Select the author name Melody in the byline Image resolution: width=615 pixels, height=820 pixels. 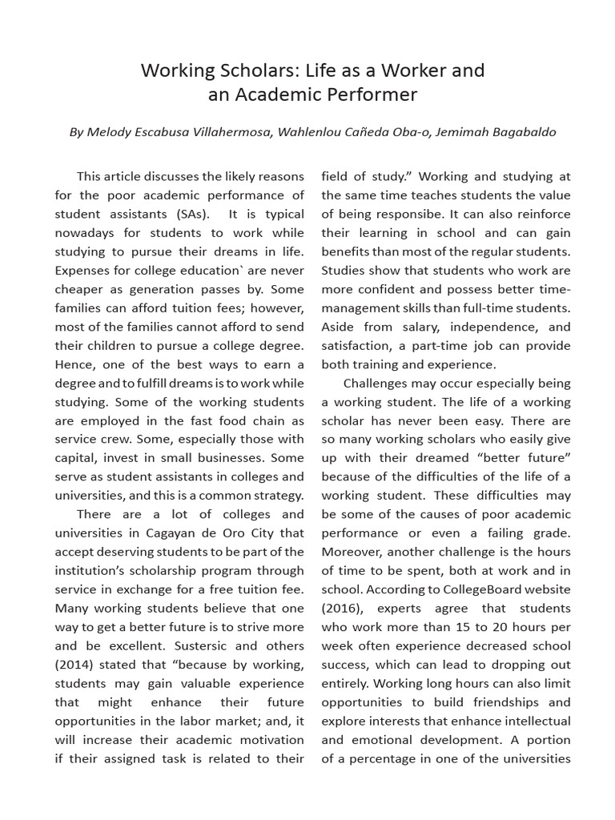(115, 132)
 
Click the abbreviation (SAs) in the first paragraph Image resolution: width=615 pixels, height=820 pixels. (189, 214)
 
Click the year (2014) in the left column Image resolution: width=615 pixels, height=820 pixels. (77, 665)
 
